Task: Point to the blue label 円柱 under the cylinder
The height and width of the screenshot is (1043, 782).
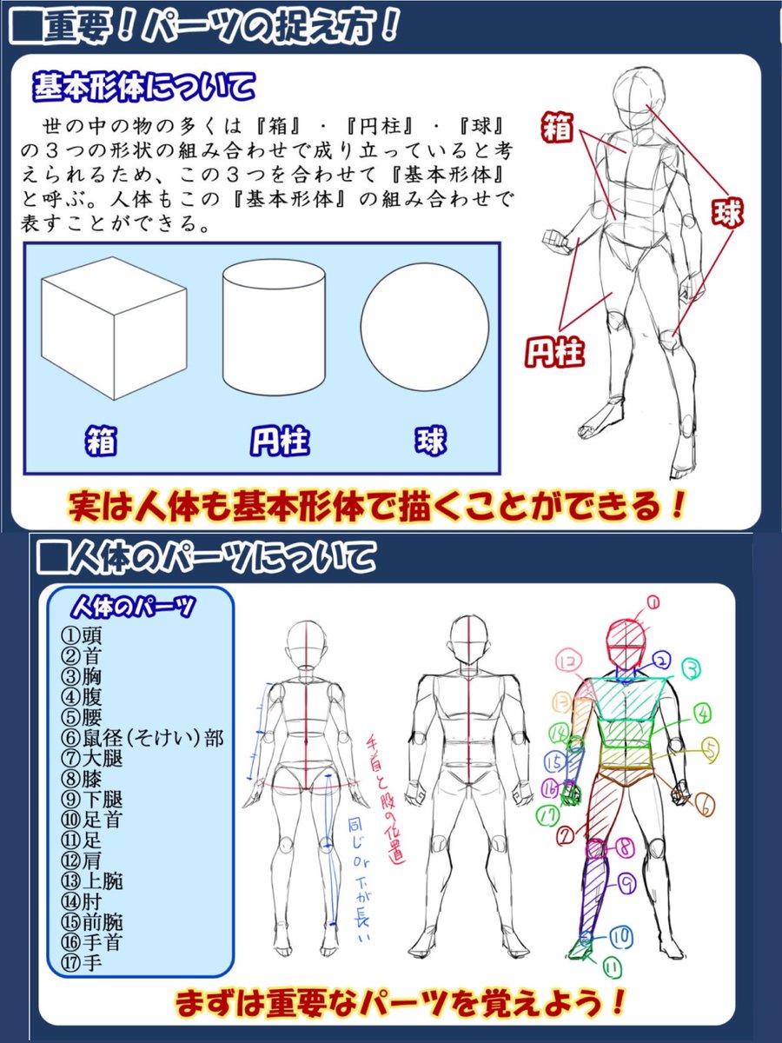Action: [271, 441]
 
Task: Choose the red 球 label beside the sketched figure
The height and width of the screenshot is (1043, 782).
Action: [727, 213]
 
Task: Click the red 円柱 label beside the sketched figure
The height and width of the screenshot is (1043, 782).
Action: [553, 352]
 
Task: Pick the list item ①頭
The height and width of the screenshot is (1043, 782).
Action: [82, 634]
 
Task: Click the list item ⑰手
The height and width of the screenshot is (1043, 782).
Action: [82, 963]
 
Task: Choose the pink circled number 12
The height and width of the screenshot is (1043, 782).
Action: [568, 662]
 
